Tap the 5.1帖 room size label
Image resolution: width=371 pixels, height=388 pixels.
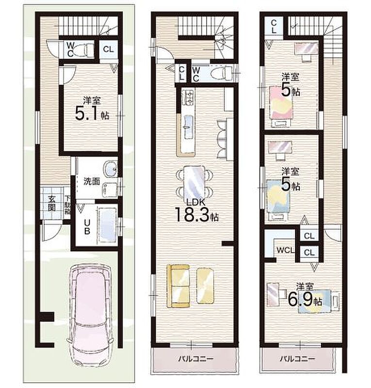tap(92, 114)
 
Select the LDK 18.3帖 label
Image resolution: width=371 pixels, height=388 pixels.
tap(196, 210)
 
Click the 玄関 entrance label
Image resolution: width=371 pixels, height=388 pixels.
tap(51, 203)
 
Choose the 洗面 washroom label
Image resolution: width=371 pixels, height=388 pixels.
tap(92, 181)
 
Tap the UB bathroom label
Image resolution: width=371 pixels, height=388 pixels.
tap(87, 227)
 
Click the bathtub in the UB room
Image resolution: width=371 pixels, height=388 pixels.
tap(108, 226)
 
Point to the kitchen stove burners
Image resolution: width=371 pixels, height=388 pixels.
tap(188, 97)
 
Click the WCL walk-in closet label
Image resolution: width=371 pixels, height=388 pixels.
tap(286, 250)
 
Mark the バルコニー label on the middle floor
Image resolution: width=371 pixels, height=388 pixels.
tap(195, 358)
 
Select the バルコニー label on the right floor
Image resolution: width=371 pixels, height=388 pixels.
tap(297, 358)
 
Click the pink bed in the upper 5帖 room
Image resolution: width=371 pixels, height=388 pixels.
tap(281, 102)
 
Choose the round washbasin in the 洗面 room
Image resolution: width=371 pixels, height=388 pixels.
tap(110, 169)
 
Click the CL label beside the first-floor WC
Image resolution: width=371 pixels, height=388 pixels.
tap(109, 49)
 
